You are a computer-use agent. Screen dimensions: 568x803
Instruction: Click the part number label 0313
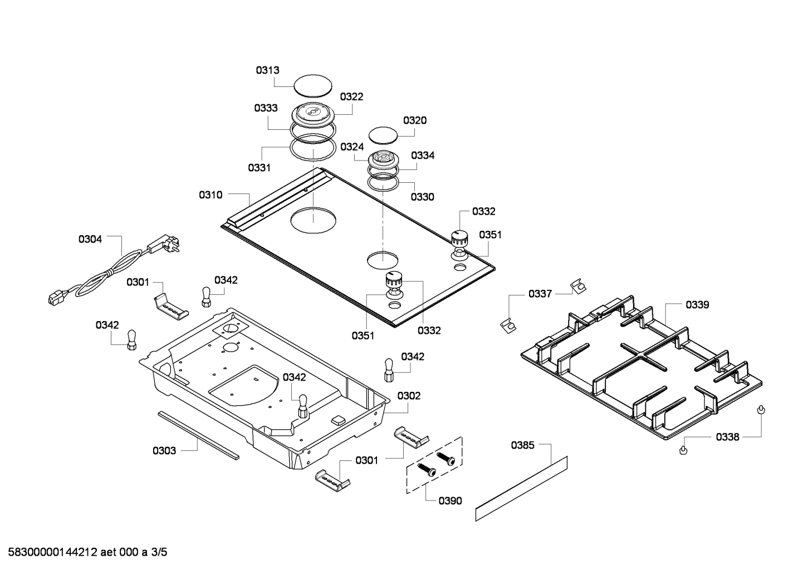pos(267,70)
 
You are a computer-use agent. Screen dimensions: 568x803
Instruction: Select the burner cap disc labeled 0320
pos(383,135)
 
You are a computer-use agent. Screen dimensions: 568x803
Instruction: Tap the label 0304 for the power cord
pos(90,239)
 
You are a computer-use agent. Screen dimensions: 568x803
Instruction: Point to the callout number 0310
pos(210,195)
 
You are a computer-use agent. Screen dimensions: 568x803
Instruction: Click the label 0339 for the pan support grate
pos(697,304)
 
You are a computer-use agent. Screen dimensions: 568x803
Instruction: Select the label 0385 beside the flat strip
pos(522,445)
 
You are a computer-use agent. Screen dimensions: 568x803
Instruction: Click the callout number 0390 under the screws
pos(450,501)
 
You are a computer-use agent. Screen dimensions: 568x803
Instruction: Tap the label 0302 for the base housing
pos(409,396)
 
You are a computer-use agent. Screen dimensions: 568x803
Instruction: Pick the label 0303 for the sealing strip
pos(164,450)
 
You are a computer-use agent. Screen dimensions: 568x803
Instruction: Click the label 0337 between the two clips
pos(540,294)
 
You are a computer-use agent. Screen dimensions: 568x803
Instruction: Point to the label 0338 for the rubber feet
pos(727,436)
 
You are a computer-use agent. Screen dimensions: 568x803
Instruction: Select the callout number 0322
pos(351,96)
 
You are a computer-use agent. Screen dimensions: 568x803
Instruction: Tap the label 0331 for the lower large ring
pos(259,167)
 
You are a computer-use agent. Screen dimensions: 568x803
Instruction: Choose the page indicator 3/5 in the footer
pos(159,552)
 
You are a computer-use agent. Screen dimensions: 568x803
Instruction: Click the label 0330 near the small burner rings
pos(422,197)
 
